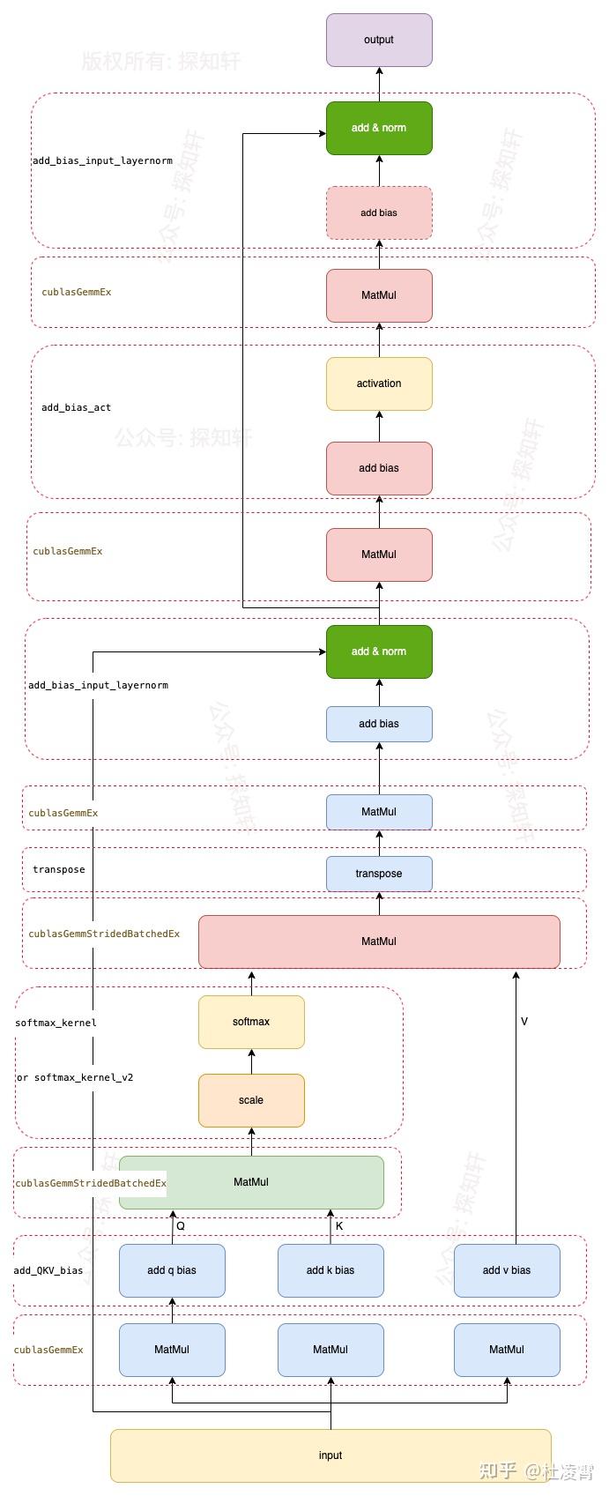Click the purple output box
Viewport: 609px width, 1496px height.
(379, 40)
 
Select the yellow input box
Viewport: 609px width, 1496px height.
(330, 1455)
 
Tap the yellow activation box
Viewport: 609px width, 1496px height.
(379, 383)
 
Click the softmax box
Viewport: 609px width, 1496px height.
(251, 1022)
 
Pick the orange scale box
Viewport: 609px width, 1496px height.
(251, 1100)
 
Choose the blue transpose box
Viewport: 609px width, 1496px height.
(379, 874)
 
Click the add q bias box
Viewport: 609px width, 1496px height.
(172, 1270)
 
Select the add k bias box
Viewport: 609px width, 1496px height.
(330, 1270)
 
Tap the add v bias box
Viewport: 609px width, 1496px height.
(507, 1270)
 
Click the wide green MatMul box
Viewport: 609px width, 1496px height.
(251, 1182)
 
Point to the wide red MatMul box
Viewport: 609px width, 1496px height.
(379, 942)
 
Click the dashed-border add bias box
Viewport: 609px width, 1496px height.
(379, 212)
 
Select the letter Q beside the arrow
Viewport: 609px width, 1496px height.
(181, 1226)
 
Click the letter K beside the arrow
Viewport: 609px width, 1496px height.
(339, 1226)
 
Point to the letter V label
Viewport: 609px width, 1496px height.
(524, 1022)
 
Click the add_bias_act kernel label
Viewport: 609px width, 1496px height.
(76, 407)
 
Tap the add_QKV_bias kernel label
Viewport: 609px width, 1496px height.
(48, 1270)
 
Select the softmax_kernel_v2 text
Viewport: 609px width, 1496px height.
(84, 1077)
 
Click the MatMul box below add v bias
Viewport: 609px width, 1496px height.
(507, 1350)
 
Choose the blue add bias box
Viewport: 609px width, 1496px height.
(379, 724)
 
